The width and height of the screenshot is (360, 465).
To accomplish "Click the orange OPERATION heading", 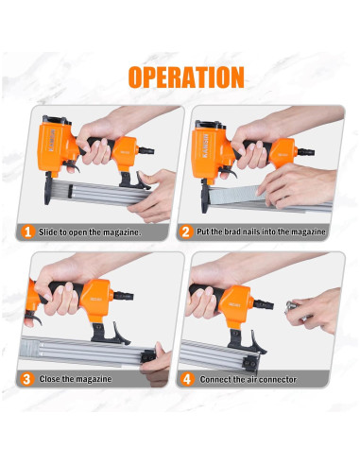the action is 186,77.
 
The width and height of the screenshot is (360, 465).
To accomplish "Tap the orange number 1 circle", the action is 28,232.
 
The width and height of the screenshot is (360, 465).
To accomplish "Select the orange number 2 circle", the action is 186,232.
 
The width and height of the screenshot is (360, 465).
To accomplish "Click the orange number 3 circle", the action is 27,379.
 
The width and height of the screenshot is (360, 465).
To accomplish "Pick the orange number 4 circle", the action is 187,379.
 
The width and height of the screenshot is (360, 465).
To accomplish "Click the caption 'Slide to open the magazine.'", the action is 90,232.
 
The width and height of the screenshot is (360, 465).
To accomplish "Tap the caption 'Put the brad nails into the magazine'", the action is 261,232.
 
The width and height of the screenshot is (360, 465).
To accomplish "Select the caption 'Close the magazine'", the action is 76,379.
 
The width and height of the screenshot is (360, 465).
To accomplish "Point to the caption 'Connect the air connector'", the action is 249,379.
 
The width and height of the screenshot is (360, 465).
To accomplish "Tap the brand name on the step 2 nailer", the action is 206,146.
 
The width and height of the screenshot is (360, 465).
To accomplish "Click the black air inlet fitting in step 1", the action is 146,150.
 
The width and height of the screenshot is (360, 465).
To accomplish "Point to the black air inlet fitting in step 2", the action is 306,152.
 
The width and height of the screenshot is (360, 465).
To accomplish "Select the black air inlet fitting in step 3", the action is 123,296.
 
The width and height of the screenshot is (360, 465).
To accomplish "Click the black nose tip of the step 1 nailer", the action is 48,189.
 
